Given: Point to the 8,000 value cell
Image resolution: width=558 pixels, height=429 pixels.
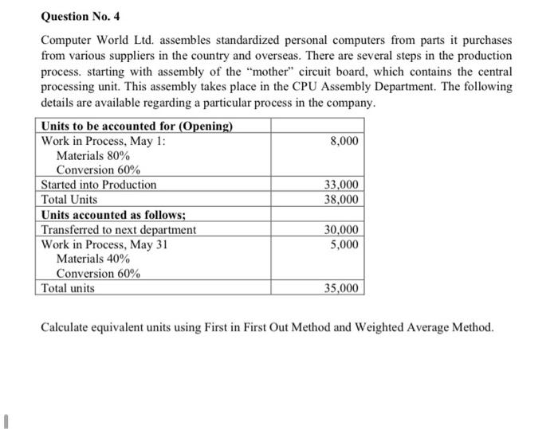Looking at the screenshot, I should [x=343, y=141].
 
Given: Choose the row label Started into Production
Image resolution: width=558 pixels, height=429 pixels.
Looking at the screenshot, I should [x=99, y=185].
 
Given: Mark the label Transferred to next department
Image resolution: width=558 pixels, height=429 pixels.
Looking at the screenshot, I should [x=118, y=229].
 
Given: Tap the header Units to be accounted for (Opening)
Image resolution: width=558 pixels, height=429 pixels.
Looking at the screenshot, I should [x=136, y=126].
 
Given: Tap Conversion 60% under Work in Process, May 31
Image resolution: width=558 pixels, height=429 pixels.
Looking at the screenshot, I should [x=98, y=274].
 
